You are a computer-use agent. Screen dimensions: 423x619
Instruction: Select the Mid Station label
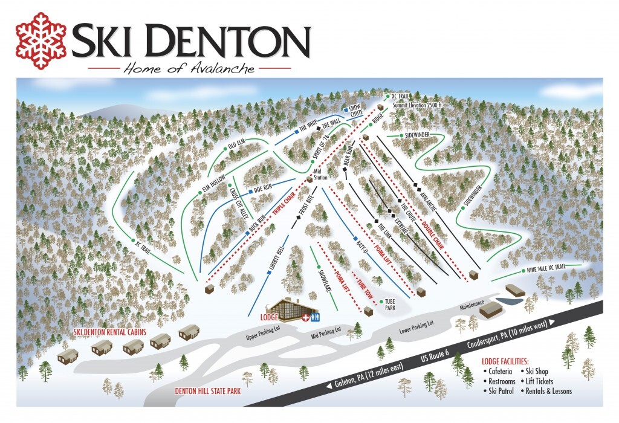320,175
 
